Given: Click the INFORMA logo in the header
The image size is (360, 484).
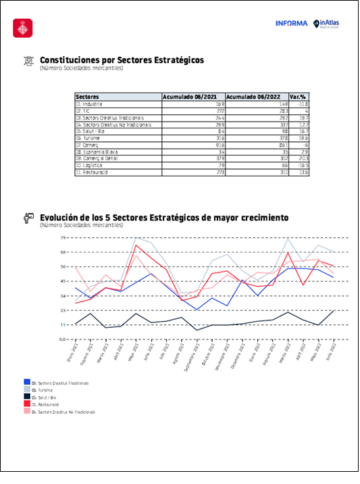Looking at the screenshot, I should pyautogui.click(x=291, y=24).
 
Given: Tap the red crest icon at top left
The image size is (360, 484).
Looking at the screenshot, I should pyautogui.click(x=23, y=28).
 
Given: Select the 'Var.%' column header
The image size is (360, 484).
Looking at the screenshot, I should pyautogui.click(x=299, y=97).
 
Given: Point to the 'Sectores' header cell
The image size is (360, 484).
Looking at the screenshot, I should pyautogui.click(x=87, y=97).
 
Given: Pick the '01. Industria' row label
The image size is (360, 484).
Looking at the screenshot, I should pyautogui.click(x=88, y=104).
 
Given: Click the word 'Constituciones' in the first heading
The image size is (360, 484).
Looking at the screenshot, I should pyautogui.click(x=68, y=60).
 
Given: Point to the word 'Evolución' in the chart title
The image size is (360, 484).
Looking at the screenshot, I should pyautogui.click(x=61, y=218).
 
